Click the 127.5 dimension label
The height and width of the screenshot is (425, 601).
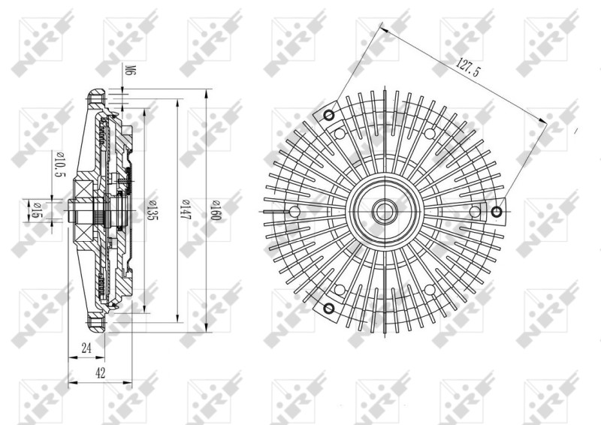pos(467,67)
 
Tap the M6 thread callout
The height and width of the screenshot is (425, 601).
pos(130,71)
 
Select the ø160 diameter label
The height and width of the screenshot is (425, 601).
pos(216,211)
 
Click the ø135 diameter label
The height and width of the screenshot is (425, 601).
pos(153,210)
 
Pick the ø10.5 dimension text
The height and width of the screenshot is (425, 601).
pos(61,165)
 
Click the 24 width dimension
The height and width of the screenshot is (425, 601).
pos(86,348)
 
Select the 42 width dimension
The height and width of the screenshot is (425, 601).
pos(101,373)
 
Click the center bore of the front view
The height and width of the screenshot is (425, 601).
pos(384,211)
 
